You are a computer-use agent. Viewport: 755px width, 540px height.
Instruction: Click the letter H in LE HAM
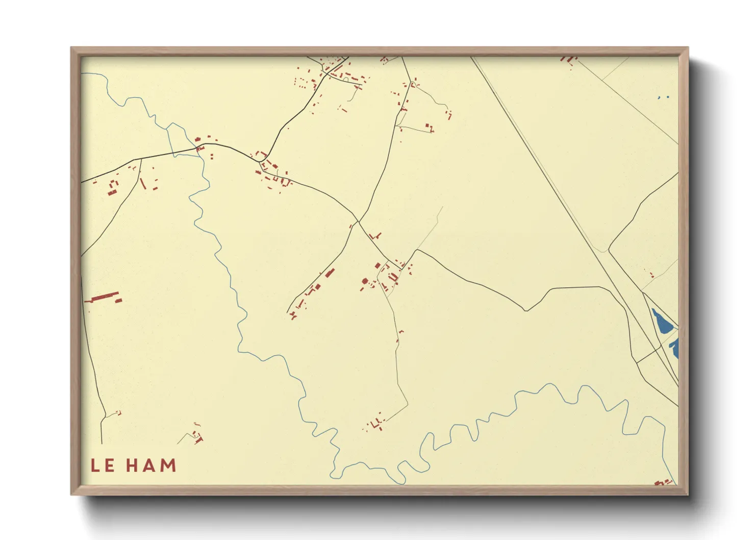(x=133, y=465)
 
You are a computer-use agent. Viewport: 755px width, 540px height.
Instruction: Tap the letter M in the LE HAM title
(x=168, y=465)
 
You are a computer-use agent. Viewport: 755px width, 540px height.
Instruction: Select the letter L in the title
(x=95, y=465)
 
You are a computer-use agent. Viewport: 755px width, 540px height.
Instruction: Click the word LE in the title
(x=103, y=465)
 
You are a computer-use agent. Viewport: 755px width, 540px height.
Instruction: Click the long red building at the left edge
(x=105, y=297)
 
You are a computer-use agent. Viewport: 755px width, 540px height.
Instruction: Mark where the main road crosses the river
(x=199, y=149)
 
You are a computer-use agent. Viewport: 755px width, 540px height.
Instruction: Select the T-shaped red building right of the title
(x=198, y=438)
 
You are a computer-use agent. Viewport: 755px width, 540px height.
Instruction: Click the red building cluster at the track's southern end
(x=375, y=423)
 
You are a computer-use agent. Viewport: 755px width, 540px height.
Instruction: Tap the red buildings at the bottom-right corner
(x=663, y=482)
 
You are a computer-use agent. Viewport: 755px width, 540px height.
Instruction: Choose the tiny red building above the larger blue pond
(x=651, y=275)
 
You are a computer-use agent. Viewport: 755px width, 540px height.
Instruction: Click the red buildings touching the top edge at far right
(x=567, y=59)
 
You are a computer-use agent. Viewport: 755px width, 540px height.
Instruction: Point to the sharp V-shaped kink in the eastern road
(x=525, y=310)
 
